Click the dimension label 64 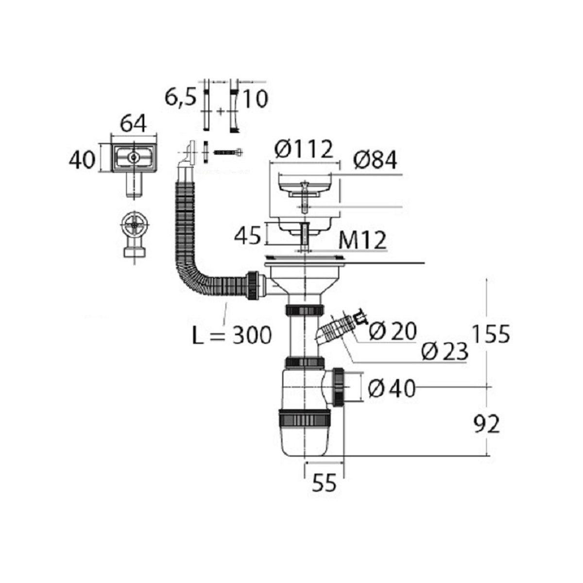134,123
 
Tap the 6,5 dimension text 180,98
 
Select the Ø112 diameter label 304,149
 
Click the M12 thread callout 362,240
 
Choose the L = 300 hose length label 232,335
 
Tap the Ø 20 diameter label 393,331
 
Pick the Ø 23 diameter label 445,352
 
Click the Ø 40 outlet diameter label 392,389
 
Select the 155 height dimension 490,334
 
